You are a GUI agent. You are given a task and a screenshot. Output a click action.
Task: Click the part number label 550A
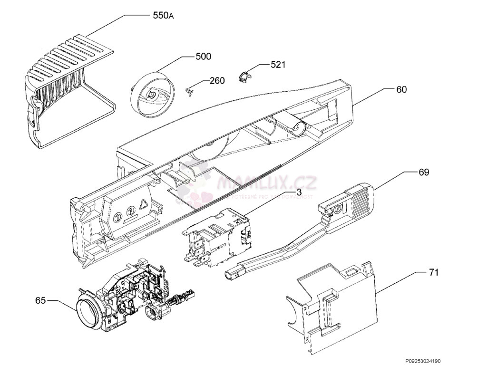[x=163, y=16]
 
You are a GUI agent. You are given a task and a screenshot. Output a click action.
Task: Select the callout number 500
[x=203, y=57]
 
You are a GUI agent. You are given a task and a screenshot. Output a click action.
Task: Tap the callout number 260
[x=217, y=81]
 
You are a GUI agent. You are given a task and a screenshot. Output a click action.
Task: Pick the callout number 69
[x=423, y=172]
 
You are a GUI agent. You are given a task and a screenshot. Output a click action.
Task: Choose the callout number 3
[x=299, y=192]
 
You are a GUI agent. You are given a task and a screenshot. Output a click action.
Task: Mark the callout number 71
[x=433, y=272]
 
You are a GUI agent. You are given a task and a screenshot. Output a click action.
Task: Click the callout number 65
[x=40, y=300]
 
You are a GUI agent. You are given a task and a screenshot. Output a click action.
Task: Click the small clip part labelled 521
[x=244, y=77]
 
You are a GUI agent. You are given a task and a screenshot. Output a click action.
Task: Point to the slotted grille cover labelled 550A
[x=67, y=76]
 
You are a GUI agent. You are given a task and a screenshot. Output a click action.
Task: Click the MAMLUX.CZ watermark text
[x=266, y=182]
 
